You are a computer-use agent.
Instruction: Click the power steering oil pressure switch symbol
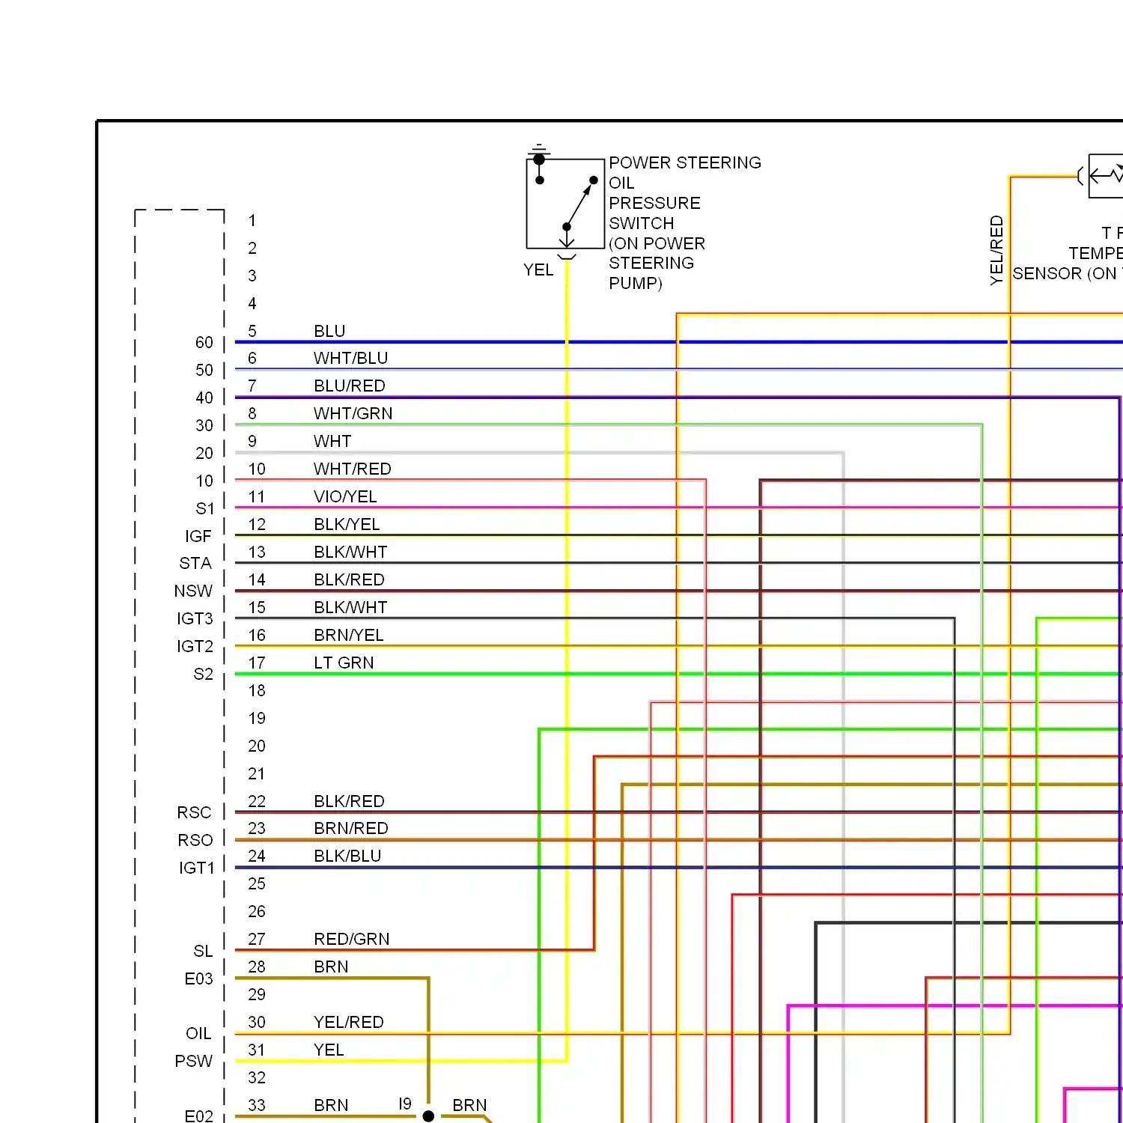pyautogui.click(x=565, y=204)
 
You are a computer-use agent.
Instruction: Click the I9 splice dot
pyautogui.click(x=428, y=1116)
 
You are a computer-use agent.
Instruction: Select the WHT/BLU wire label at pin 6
pyautogui.click(x=350, y=359)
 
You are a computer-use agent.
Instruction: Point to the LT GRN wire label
pyautogui.click(x=344, y=663)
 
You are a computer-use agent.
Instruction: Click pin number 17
pyautogui.click(x=257, y=663)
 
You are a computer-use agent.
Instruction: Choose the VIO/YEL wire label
pyautogui.click(x=345, y=497)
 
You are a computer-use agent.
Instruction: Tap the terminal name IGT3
pyautogui.click(x=195, y=619)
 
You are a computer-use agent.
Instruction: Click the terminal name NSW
pyautogui.click(x=193, y=591)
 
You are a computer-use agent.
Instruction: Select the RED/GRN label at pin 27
pyautogui.click(x=352, y=940)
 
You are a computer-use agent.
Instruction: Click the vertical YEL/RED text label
pyautogui.click(x=996, y=250)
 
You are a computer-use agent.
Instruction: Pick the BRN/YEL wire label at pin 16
pyautogui.click(x=349, y=636)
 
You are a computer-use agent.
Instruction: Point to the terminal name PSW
pyautogui.click(x=194, y=1062)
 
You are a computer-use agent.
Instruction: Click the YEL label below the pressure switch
pyautogui.click(x=538, y=270)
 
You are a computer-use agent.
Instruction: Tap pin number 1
pyautogui.click(x=252, y=221)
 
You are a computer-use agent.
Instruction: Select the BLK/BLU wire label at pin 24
pyautogui.click(x=347, y=856)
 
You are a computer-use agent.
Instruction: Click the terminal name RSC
pyautogui.click(x=194, y=813)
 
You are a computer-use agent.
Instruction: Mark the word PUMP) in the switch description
pyautogui.click(x=636, y=284)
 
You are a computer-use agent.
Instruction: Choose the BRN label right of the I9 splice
pyautogui.click(x=469, y=1106)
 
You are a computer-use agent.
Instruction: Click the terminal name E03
pyautogui.click(x=198, y=979)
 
